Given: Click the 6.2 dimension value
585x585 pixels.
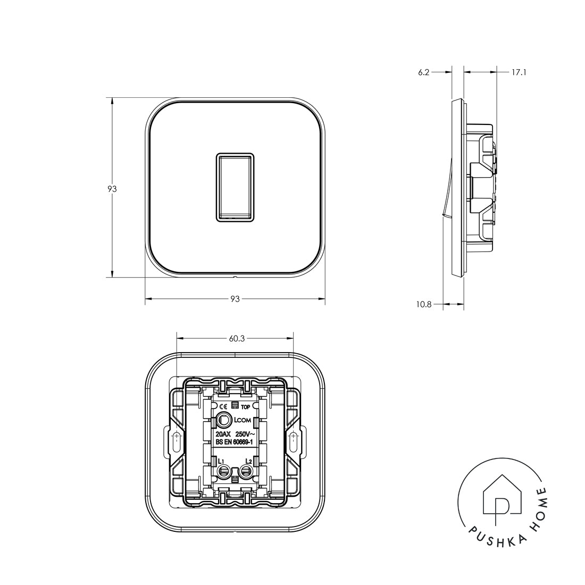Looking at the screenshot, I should [x=424, y=72].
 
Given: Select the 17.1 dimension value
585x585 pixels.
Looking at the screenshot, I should [x=519, y=72].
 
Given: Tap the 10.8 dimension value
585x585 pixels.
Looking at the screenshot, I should [x=424, y=305].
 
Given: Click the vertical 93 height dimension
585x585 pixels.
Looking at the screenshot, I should [x=112, y=188].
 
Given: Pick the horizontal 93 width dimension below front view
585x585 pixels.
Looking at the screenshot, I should [x=235, y=299].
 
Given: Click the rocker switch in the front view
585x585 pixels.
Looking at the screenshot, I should [x=235, y=187].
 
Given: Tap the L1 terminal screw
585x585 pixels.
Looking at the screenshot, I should [x=224, y=470].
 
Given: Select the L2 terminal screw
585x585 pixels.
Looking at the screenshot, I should [x=246, y=470].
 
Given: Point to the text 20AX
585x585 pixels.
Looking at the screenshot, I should [x=223, y=434].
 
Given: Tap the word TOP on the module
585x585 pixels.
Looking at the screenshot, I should [x=245, y=407].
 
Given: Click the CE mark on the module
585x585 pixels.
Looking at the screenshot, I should [x=223, y=407].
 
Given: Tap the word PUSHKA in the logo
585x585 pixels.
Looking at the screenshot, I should [x=482, y=541].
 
